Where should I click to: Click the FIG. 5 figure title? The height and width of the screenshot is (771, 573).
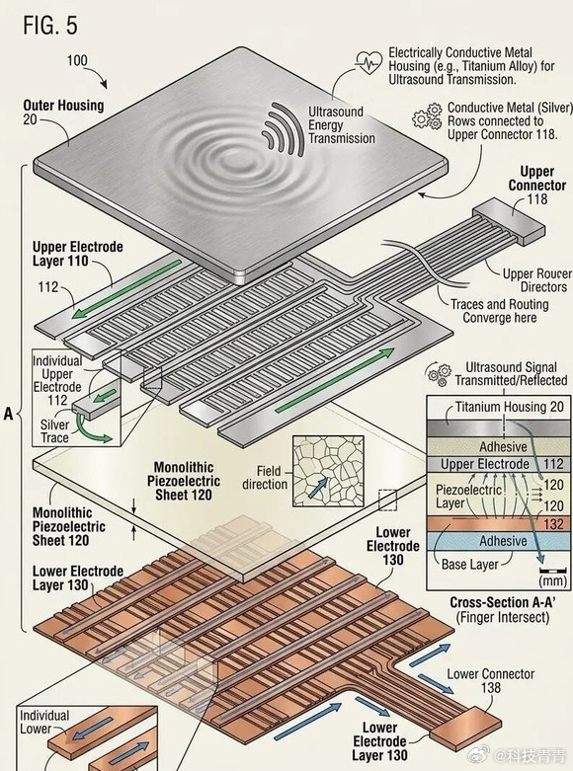click(x=50, y=25)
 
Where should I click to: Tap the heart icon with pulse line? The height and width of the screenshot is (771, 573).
click(x=368, y=63)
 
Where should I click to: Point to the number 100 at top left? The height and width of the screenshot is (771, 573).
click(x=77, y=60)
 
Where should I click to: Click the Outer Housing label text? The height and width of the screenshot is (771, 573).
click(x=63, y=106)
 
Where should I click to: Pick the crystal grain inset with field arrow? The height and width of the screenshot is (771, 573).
click(x=328, y=471)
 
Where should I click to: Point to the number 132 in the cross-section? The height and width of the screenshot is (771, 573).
click(x=554, y=523)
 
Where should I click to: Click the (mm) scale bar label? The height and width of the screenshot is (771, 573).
click(x=553, y=580)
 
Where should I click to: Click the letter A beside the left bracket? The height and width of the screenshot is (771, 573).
click(x=8, y=414)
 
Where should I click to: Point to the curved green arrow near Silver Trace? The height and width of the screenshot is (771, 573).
click(x=96, y=432)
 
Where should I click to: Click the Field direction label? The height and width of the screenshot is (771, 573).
click(x=266, y=478)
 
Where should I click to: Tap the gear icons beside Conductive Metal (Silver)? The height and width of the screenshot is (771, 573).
click(x=427, y=116)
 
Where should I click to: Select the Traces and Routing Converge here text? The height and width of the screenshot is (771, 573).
click(x=500, y=311)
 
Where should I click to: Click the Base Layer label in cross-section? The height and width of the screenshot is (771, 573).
click(x=470, y=564)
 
